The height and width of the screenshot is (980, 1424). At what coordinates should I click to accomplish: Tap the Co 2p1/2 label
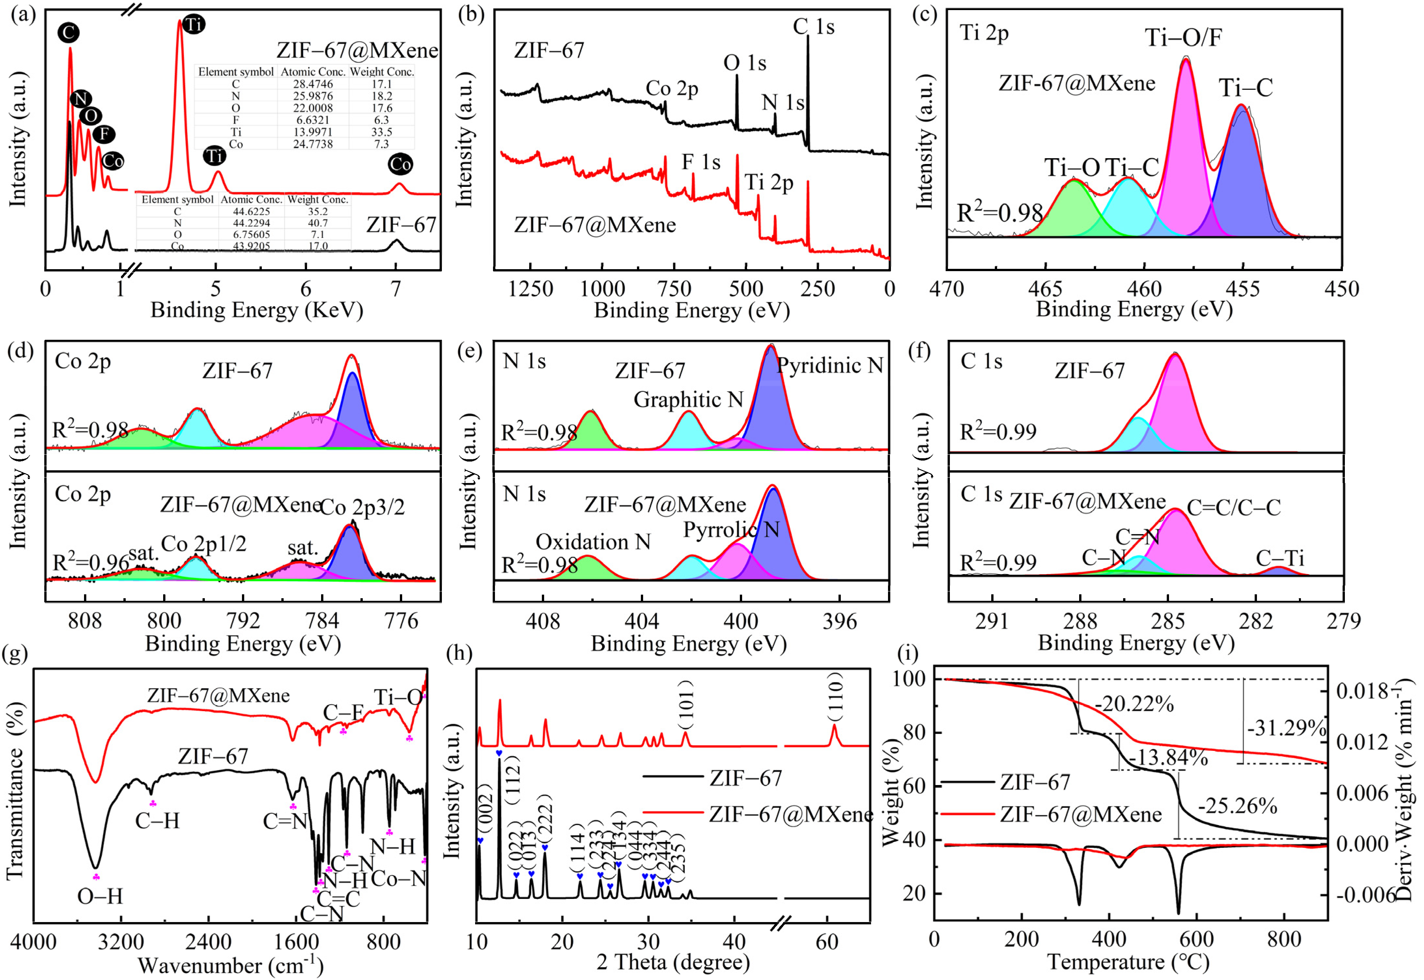coord(203,544)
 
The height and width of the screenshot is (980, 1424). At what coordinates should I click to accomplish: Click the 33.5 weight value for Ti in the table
coord(382,132)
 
